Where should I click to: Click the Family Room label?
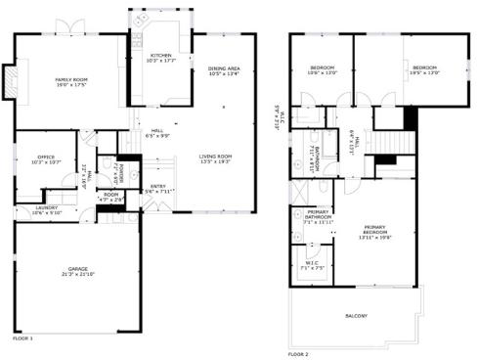71,78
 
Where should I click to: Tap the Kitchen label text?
161,55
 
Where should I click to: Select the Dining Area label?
223,67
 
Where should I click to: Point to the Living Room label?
215,156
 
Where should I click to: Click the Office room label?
46,156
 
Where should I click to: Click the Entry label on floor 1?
157,186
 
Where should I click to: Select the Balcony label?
357,316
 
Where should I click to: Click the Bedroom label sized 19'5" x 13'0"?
422,67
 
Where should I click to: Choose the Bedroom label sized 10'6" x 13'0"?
322,67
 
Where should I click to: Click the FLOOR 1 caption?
22,338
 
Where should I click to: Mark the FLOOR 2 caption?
298,353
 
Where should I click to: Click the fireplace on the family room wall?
10,83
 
